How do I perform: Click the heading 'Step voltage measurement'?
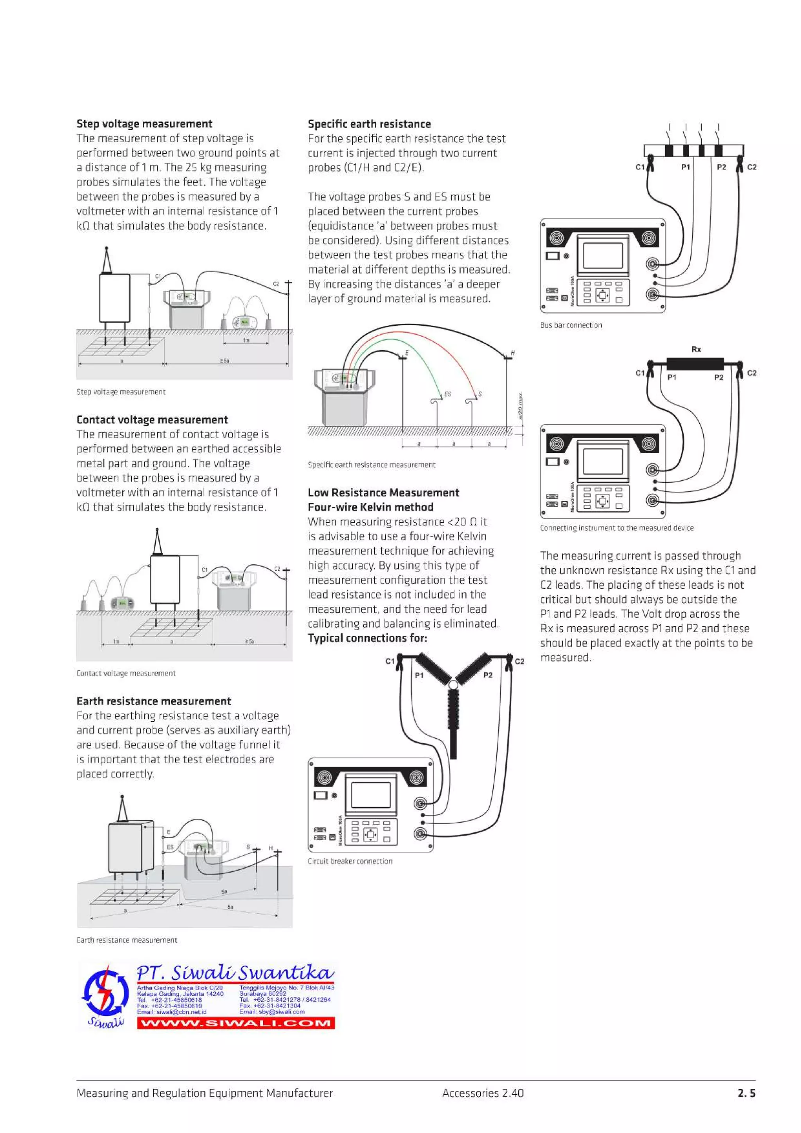coord(144,124)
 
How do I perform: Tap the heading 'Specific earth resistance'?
coord(369,124)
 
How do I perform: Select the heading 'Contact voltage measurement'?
coord(152,420)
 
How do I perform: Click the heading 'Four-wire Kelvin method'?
coord(371,507)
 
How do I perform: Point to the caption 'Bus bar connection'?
coord(571,325)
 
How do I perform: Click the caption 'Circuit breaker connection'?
coord(350,861)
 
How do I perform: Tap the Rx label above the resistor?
coord(696,350)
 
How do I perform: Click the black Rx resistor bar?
coord(695,364)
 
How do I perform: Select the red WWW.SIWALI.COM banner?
coord(235,1023)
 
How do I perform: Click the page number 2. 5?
coord(746,1093)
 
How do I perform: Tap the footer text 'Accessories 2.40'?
coord(483,1093)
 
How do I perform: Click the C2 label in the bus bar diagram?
coord(752,167)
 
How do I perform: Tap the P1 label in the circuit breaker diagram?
coord(419,675)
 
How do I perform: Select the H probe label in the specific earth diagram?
coord(513,353)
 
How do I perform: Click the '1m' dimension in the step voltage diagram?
coord(246,340)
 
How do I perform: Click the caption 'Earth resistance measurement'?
coord(127,940)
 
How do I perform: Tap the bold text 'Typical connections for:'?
coord(367,638)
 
